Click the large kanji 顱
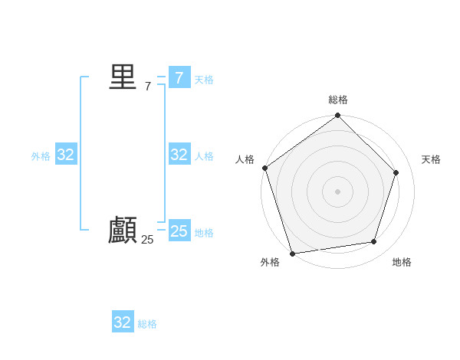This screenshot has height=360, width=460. (123, 231)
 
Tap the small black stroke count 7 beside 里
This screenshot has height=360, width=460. (147, 87)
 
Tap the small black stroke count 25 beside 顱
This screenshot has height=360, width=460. (147, 240)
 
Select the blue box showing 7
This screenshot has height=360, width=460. (179, 77)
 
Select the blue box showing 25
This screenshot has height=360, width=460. (179, 231)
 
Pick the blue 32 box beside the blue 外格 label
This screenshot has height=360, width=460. (65, 155)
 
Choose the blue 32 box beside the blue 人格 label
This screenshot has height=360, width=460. (179, 155)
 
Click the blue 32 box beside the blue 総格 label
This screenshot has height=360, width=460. (123, 322)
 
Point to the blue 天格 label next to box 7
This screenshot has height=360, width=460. (204, 80)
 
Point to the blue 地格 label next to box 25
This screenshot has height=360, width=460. (204, 233)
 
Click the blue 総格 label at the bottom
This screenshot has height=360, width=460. (147, 325)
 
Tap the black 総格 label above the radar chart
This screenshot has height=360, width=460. (338, 100)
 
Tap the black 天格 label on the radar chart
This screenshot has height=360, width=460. (431, 159)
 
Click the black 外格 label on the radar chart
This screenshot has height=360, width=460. (270, 262)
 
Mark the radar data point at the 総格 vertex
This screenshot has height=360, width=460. (338, 116)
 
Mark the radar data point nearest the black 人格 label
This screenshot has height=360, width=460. (265, 168)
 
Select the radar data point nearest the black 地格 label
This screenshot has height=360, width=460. (374, 242)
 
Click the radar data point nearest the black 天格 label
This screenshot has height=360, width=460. (396, 172)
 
